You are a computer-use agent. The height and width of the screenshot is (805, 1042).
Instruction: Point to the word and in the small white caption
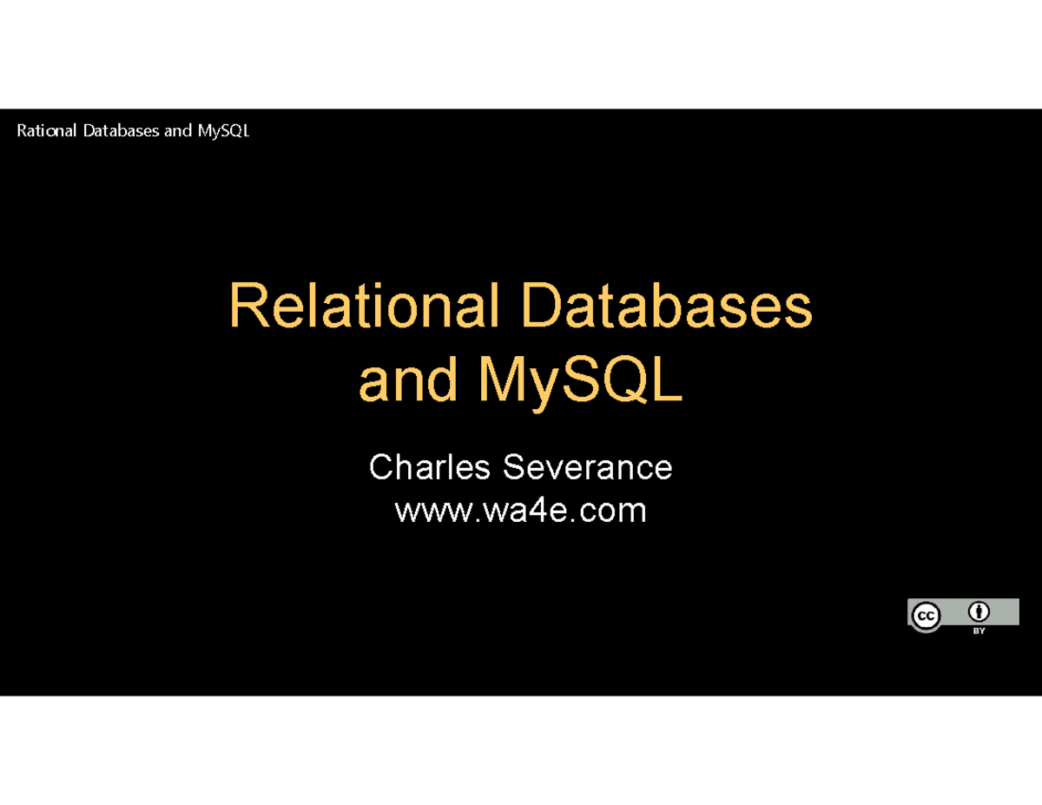tap(177, 131)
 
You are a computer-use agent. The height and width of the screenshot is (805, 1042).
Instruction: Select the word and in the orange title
tap(408, 381)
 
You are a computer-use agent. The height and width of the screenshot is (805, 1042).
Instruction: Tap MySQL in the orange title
tap(580, 381)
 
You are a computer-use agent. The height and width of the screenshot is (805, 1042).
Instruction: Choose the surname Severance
tap(587, 468)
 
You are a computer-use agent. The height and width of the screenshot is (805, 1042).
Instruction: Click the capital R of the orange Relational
tap(247, 307)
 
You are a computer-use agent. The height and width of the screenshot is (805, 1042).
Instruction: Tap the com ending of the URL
tap(615, 511)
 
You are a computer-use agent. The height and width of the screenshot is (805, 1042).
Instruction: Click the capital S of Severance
tap(512, 468)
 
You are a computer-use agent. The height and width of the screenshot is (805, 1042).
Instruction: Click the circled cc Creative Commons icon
tap(926, 616)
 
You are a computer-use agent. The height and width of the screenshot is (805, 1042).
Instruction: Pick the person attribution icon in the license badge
tap(979, 610)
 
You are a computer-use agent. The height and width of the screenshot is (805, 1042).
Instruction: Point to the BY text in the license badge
tap(979, 631)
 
